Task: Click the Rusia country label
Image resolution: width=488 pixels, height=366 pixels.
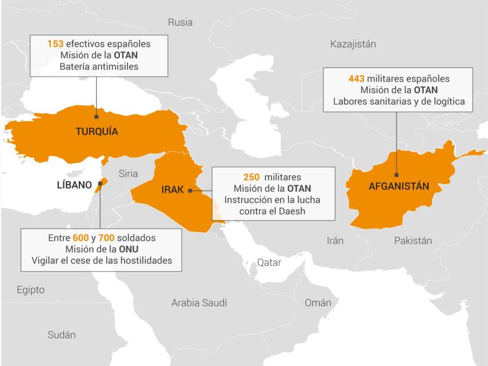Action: [x=180, y=22]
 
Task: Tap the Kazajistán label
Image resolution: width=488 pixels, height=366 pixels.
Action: [x=353, y=44]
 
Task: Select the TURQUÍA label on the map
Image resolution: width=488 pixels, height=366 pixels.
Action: [x=97, y=132]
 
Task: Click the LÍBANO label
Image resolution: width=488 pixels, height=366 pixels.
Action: [x=74, y=185]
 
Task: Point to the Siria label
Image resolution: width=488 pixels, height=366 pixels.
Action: [x=129, y=173]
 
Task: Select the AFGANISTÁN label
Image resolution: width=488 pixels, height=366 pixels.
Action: [x=398, y=186]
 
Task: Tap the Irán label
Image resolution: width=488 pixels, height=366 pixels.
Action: [x=335, y=241]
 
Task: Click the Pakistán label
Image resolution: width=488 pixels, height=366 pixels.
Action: [x=413, y=241]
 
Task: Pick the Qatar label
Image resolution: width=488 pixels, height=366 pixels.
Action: [x=269, y=262]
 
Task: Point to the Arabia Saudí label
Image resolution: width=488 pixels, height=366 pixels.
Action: [x=199, y=303]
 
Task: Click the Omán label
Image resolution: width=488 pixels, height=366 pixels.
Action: [x=318, y=303]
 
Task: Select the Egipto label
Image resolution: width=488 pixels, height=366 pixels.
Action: [x=30, y=290]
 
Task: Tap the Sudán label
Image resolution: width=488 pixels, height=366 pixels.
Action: [x=61, y=335]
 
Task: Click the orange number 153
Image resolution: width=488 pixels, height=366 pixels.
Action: [x=55, y=43]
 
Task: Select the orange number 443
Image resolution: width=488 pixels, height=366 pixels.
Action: [x=357, y=78]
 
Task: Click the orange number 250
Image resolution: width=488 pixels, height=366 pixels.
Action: [x=252, y=177]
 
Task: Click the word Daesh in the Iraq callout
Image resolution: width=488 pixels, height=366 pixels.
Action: [x=292, y=211]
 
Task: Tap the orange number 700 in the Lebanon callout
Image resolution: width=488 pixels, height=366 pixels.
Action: [x=107, y=237]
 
